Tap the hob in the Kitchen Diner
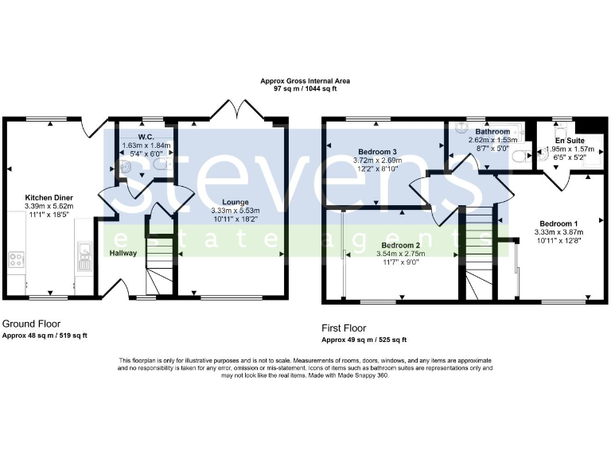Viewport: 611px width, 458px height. click(x=16, y=259)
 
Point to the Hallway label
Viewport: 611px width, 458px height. click(x=124, y=254)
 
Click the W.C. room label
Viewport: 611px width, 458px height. click(x=146, y=136)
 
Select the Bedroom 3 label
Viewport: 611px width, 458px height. click(x=378, y=151)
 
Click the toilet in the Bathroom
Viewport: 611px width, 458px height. click(x=520, y=157)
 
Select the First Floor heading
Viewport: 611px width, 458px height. click(x=344, y=328)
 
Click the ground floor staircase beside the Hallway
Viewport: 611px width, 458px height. click(x=159, y=262)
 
